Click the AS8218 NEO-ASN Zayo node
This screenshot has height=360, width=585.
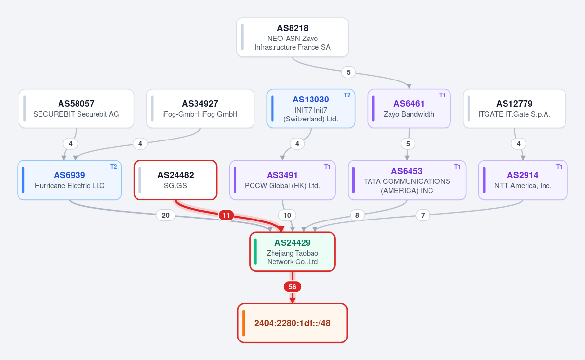click(x=292, y=37)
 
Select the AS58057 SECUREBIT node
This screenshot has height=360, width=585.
click(x=76, y=109)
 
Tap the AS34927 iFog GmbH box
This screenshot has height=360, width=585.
click(x=200, y=109)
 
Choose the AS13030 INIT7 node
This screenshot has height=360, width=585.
click(x=311, y=109)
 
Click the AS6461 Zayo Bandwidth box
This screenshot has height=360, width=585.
click(x=409, y=109)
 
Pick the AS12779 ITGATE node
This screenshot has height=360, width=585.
click(x=514, y=109)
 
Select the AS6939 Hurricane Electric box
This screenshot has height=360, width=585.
click(x=69, y=180)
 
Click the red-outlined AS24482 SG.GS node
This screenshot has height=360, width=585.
click(x=175, y=180)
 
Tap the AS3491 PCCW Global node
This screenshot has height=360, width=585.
click(x=282, y=180)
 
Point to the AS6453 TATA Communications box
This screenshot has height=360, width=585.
click(x=407, y=180)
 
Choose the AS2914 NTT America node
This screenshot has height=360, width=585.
click(x=523, y=180)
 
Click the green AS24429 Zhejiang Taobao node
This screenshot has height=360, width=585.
click(x=292, y=252)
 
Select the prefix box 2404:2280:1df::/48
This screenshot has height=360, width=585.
click(x=292, y=323)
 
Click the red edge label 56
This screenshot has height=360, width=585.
click(x=292, y=287)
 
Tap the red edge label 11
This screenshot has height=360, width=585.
click(x=226, y=215)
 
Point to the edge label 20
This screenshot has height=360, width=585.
click(x=166, y=215)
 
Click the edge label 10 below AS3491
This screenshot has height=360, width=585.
click(x=287, y=215)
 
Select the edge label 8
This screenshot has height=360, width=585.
click(x=357, y=215)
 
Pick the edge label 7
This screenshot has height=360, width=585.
click(x=423, y=215)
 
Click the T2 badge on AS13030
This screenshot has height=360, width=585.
click(x=347, y=95)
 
